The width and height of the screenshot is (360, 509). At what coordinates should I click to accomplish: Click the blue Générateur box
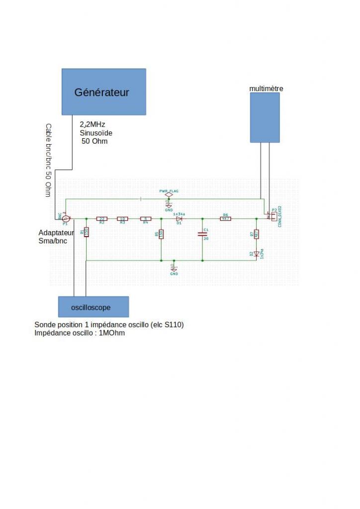point(103,92)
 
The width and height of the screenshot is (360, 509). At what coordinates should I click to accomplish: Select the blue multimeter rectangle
point(265,117)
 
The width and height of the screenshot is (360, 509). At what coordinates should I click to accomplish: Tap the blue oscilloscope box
point(93,307)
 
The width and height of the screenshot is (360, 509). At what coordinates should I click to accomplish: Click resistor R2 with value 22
point(101,219)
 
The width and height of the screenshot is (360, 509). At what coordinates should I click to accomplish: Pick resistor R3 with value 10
point(122,219)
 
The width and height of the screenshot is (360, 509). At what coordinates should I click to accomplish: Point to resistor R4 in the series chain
point(145,219)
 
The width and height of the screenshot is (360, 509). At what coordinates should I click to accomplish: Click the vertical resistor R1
point(87,232)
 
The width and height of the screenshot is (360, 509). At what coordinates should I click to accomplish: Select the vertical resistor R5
point(161,234)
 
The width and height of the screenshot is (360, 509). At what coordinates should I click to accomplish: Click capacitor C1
point(202,235)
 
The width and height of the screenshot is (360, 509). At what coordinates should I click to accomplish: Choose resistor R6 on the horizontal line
point(225,219)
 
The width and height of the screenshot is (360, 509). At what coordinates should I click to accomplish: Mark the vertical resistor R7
point(256,234)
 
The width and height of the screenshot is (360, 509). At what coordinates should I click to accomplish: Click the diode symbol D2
point(256,254)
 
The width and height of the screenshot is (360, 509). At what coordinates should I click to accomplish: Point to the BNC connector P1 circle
point(66,218)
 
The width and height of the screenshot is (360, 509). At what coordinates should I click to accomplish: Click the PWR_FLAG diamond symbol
point(169,195)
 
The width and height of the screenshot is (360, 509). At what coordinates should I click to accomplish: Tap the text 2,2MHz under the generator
point(92,124)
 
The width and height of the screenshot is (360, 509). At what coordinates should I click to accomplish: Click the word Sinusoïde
point(96,133)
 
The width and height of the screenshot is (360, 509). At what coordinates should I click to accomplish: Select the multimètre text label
point(267,88)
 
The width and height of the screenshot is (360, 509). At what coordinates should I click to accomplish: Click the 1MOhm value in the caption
point(112,333)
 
